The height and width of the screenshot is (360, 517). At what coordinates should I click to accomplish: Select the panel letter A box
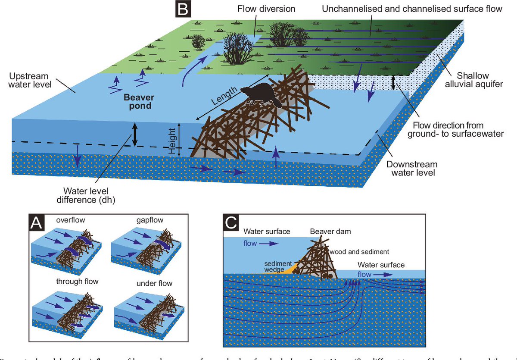tap(37, 223)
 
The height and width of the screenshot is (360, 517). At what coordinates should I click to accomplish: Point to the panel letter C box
tap(232, 223)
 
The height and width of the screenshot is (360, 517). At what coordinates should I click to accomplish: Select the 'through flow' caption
tap(77, 282)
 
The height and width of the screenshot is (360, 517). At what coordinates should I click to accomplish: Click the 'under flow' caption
tap(154, 283)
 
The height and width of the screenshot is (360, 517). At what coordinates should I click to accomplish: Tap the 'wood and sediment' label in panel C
tap(359, 251)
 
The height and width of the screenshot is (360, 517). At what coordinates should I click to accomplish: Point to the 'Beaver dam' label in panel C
tap(330, 232)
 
